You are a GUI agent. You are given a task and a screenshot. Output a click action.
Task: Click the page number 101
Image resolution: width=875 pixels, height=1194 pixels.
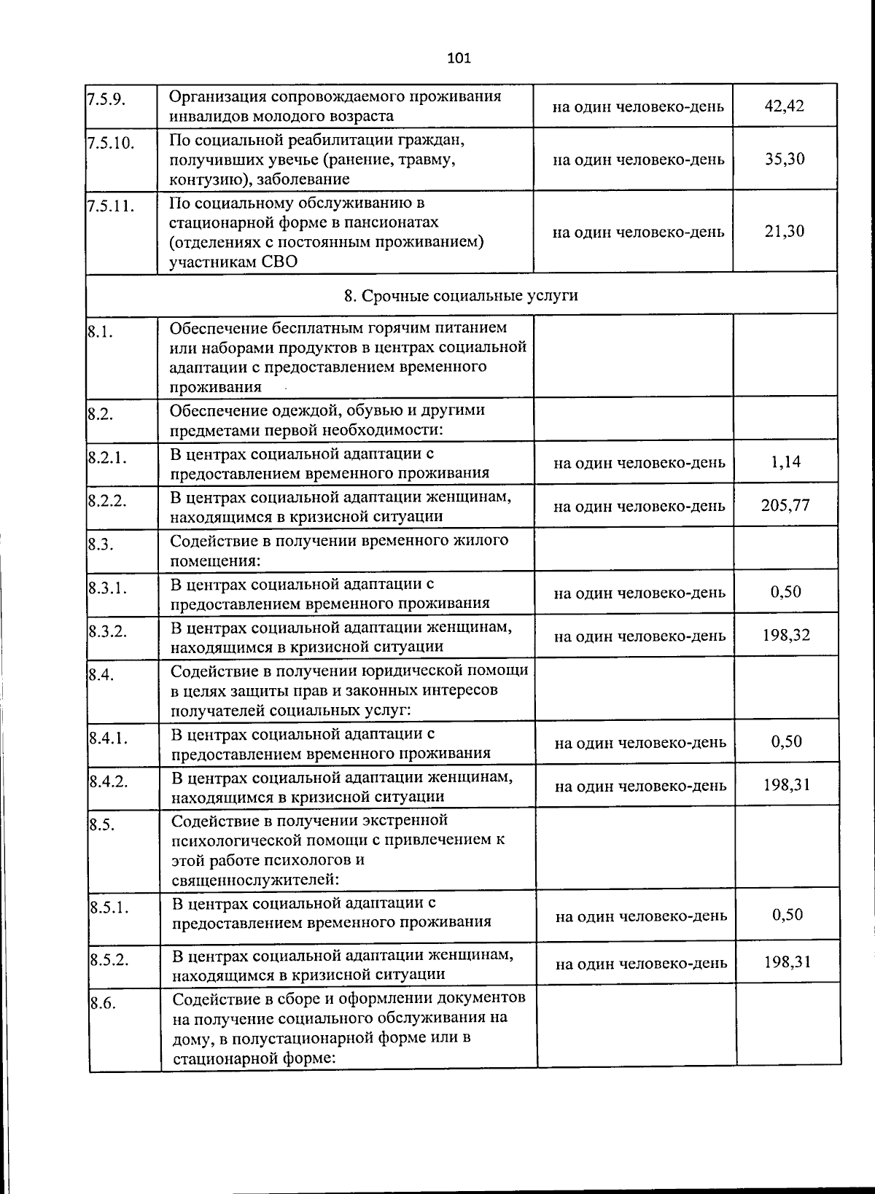459,58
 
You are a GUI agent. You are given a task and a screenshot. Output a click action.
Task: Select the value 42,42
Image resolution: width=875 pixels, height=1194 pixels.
784,106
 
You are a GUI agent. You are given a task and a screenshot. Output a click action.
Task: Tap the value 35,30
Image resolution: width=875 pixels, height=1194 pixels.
785,159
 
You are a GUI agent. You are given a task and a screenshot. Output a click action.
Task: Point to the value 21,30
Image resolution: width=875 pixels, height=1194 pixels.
785,231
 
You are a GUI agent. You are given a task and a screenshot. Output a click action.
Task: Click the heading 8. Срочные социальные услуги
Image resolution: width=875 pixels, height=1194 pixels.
461,295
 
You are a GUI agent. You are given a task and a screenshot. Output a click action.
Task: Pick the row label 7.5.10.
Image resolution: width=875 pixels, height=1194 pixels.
111,142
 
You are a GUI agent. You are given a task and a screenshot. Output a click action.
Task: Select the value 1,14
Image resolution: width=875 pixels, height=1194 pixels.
785,461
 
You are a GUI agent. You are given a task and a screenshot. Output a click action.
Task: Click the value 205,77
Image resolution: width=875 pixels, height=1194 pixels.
785,505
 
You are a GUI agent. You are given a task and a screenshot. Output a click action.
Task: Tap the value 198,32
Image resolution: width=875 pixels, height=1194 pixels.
786,635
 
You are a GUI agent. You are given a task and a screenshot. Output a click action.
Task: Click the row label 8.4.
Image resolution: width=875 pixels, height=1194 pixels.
101,675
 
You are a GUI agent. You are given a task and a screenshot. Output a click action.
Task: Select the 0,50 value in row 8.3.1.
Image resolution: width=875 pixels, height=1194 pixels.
786,591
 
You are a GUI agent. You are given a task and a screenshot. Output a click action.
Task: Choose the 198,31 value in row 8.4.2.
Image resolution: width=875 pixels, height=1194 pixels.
787,785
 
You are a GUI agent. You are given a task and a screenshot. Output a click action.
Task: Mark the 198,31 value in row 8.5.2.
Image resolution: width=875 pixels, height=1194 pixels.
787,961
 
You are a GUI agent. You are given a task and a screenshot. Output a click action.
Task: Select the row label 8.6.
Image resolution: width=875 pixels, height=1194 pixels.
103,1003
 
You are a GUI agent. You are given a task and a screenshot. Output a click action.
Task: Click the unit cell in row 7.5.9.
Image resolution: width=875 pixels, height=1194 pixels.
638,106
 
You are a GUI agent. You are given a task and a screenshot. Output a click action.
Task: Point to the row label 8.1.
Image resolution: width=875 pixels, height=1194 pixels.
100,333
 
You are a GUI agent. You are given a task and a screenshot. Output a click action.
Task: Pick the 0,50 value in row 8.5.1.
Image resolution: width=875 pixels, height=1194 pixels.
787,914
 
